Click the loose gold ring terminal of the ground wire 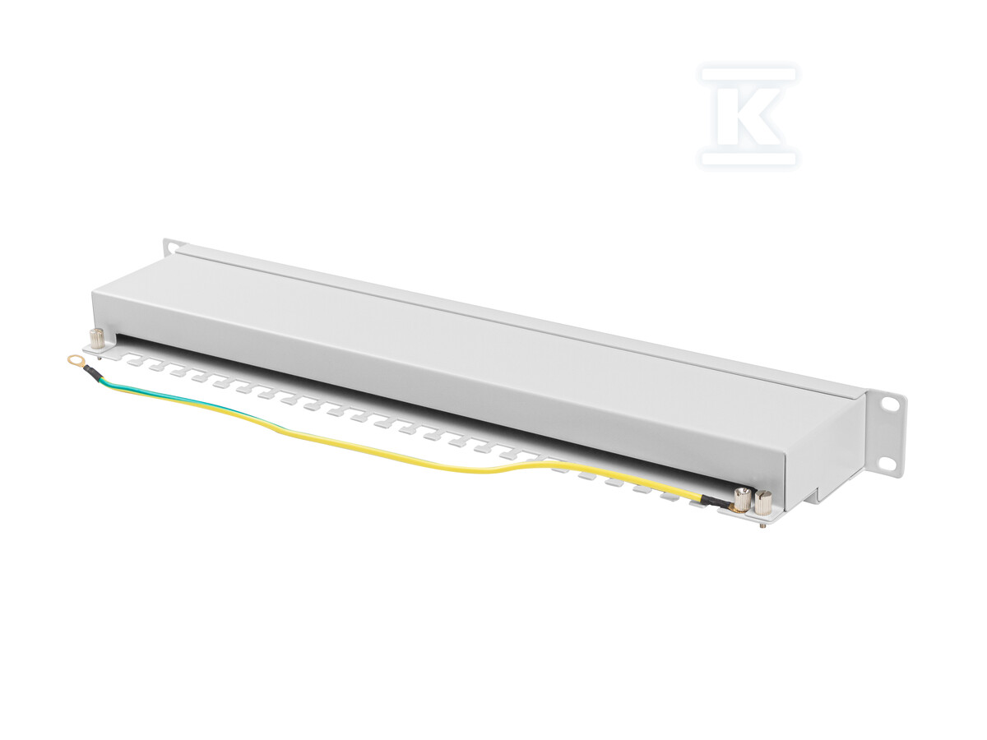tap(74, 359)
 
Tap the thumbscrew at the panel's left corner tap(97, 337)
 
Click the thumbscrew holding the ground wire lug tap(742, 498)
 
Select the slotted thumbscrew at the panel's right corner tap(763, 502)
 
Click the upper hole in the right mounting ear tap(889, 405)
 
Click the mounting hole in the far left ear tap(169, 245)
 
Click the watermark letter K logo tap(748, 116)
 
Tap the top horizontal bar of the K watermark tap(748, 75)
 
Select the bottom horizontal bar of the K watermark tap(748, 158)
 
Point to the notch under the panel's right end tap(814, 496)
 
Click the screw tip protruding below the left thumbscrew tap(100, 358)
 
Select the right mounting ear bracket tap(884, 434)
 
